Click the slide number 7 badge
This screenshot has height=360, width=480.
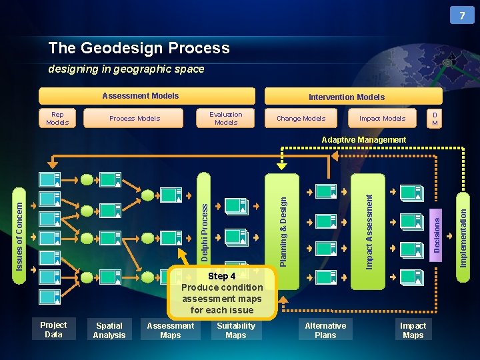(462, 15)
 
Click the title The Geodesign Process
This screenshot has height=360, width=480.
(139, 48)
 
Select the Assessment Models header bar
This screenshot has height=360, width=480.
(147, 96)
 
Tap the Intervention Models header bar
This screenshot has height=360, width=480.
(346, 97)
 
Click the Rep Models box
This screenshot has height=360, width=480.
(57, 119)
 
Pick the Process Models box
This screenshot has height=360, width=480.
(135, 119)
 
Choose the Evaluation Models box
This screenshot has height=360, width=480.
(226, 119)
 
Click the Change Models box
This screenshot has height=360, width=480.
(301, 119)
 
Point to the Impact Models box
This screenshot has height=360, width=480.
(382, 119)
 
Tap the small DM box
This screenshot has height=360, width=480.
(435, 119)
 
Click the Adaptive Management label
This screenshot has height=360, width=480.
(363, 140)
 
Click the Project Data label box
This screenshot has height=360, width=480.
(53, 330)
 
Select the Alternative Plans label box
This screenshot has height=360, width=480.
(325, 330)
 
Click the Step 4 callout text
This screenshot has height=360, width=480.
(222, 293)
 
